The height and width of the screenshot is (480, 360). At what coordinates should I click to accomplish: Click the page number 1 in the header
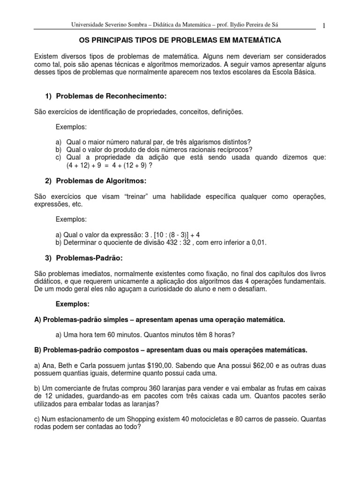pos(324,25)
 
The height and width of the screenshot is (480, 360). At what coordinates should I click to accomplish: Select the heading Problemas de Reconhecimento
pos(112,96)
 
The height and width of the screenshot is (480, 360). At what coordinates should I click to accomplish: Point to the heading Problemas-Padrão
pos(92,258)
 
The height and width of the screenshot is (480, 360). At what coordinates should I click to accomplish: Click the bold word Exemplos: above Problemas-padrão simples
pos(73,304)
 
